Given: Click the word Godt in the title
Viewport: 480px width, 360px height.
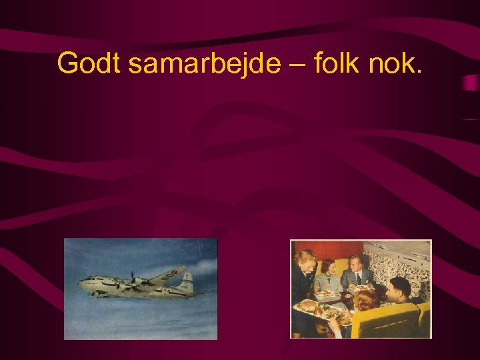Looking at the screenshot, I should pyautogui.click(x=87, y=64).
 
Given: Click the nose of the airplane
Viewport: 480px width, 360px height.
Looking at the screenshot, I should pyautogui.click(x=81, y=283).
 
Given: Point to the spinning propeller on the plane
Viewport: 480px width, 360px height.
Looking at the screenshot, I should pyautogui.click(x=133, y=280).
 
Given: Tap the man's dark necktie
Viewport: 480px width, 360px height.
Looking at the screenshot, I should pyautogui.click(x=358, y=279).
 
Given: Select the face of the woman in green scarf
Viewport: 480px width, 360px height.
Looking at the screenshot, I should pyautogui.click(x=328, y=268).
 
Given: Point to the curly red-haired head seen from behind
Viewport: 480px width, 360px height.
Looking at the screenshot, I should pyautogui.click(x=364, y=300).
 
